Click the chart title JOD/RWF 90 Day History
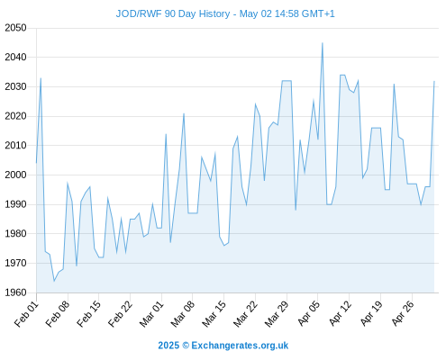[173, 13]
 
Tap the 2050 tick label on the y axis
[15, 28]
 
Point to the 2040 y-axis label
[15, 57]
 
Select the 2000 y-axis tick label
[15, 175]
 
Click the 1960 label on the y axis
[15, 292]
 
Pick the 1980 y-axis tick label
[15, 233]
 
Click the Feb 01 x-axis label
[26, 314]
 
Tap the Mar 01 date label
[151, 314]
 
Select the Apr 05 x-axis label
[308, 314]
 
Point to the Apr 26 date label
[402, 314]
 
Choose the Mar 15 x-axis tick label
[214, 314]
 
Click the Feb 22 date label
[120, 314]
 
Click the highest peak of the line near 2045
[323, 43]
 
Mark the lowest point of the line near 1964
[54, 281]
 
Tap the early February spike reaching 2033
[41, 78]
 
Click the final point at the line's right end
[434, 81]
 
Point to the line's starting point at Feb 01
[37, 163]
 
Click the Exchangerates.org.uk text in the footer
[240, 346]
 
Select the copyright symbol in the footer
[186, 346]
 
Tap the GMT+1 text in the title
[318, 13]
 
